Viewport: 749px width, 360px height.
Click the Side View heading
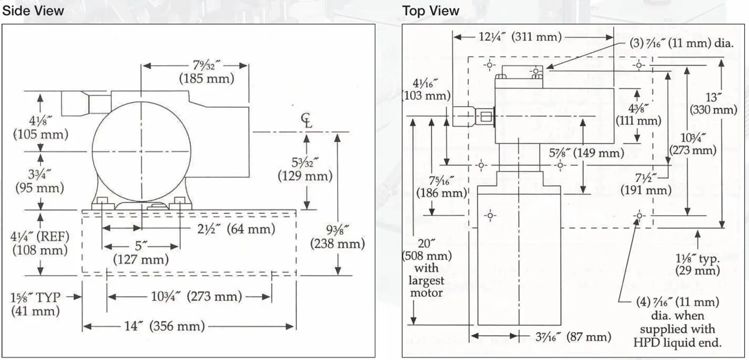[33, 11]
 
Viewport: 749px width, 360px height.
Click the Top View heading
[431, 11]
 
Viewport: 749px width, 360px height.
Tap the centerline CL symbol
[306, 121]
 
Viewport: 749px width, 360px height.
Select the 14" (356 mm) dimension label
[164, 326]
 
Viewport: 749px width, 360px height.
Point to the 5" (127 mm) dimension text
[141, 253]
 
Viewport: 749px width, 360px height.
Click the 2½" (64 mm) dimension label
[236, 229]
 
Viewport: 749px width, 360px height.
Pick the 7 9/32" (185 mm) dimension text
[206, 72]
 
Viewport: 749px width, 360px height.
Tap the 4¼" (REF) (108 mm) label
[40, 243]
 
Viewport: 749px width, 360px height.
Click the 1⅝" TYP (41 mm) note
[36, 304]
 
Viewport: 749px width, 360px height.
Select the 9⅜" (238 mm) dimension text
[338, 237]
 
